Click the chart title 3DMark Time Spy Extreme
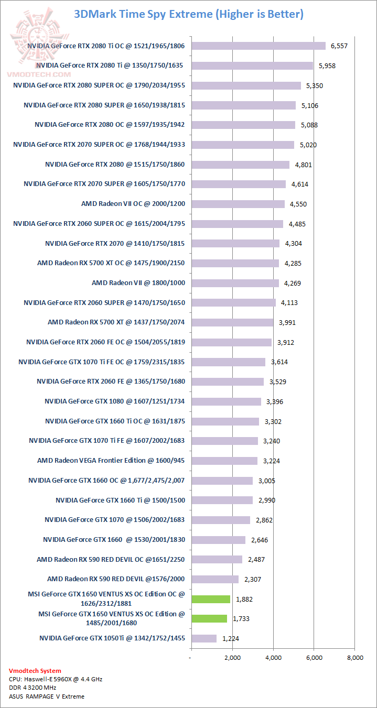coord(188,14)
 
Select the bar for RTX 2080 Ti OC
coord(258,46)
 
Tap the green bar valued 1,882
coord(210,599)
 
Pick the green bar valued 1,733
coord(209,618)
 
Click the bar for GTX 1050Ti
coord(203,638)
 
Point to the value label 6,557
coord(339,46)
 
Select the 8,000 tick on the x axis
coord(354,658)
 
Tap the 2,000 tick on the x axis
coord(232,658)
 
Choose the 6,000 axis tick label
coord(314,658)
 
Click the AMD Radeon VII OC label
coord(133,203)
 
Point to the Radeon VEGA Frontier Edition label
coord(111,460)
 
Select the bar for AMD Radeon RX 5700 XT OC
coord(234,263)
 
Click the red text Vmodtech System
coord(35,671)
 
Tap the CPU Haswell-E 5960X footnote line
coord(56,679)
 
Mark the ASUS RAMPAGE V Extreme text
coord(47,696)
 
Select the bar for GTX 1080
coord(225,401)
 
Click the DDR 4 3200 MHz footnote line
coord(33,688)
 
